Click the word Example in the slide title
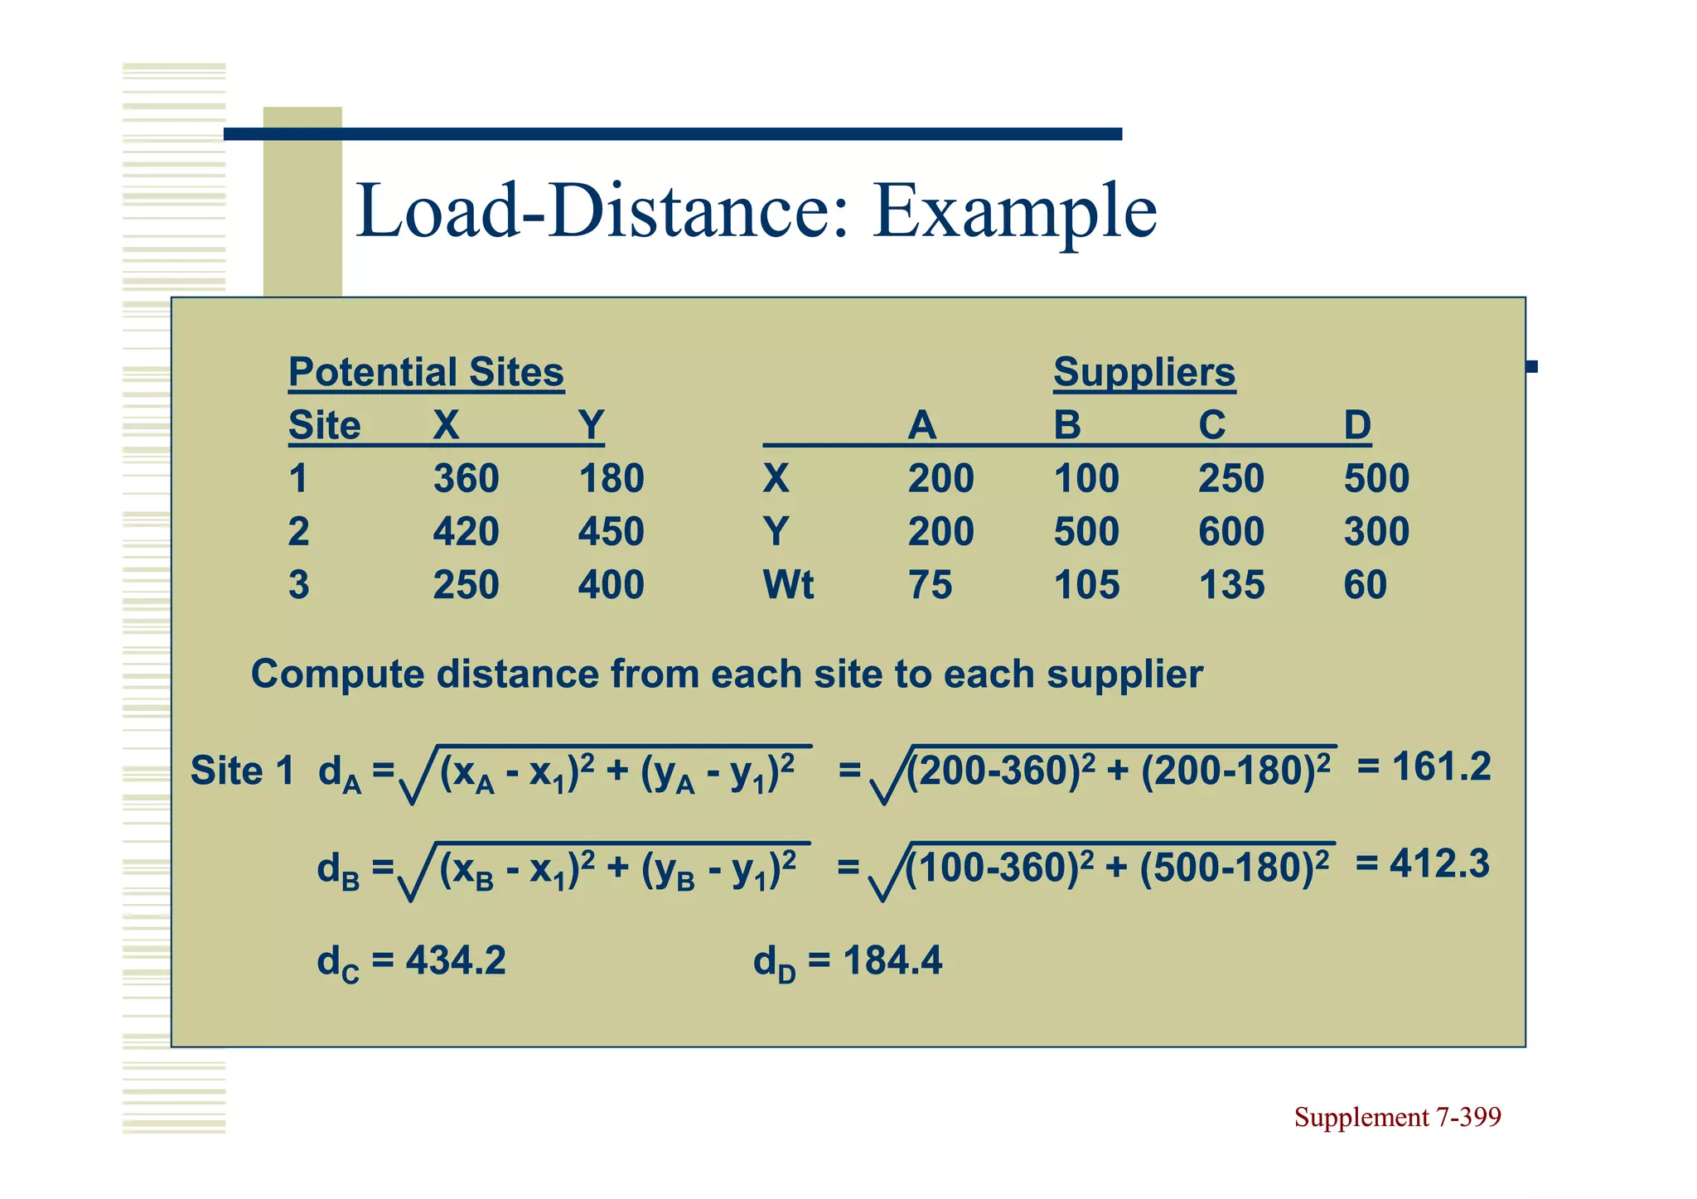1014,212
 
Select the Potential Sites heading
426,372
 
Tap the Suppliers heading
1143,372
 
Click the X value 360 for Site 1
466,479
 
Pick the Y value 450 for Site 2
611,532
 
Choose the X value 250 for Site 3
466,585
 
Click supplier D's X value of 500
1375,479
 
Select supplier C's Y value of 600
1230,532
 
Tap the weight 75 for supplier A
930,585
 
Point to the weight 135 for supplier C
1231,585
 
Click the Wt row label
788,585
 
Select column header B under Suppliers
1067,426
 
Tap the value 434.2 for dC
455,961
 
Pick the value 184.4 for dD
892,961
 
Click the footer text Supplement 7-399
1397,1118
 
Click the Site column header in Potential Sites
324,426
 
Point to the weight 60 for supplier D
1365,585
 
